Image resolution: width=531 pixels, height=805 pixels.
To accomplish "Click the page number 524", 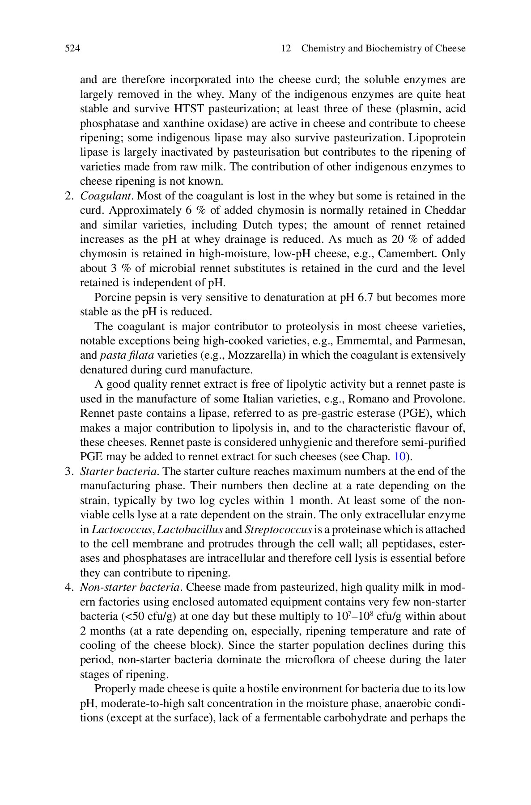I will (72, 49).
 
